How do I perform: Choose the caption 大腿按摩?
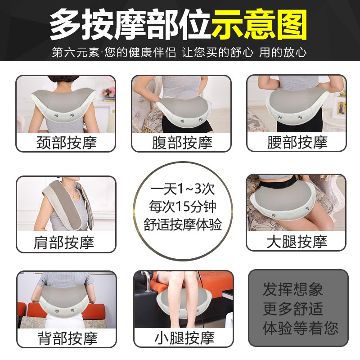click(297, 242)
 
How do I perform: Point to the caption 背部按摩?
click(66, 337)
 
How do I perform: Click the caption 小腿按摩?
click(182, 337)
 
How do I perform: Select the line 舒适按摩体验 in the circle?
click(183, 225)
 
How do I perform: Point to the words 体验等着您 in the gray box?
click(300, 328)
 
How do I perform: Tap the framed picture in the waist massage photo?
click(341, 108)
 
